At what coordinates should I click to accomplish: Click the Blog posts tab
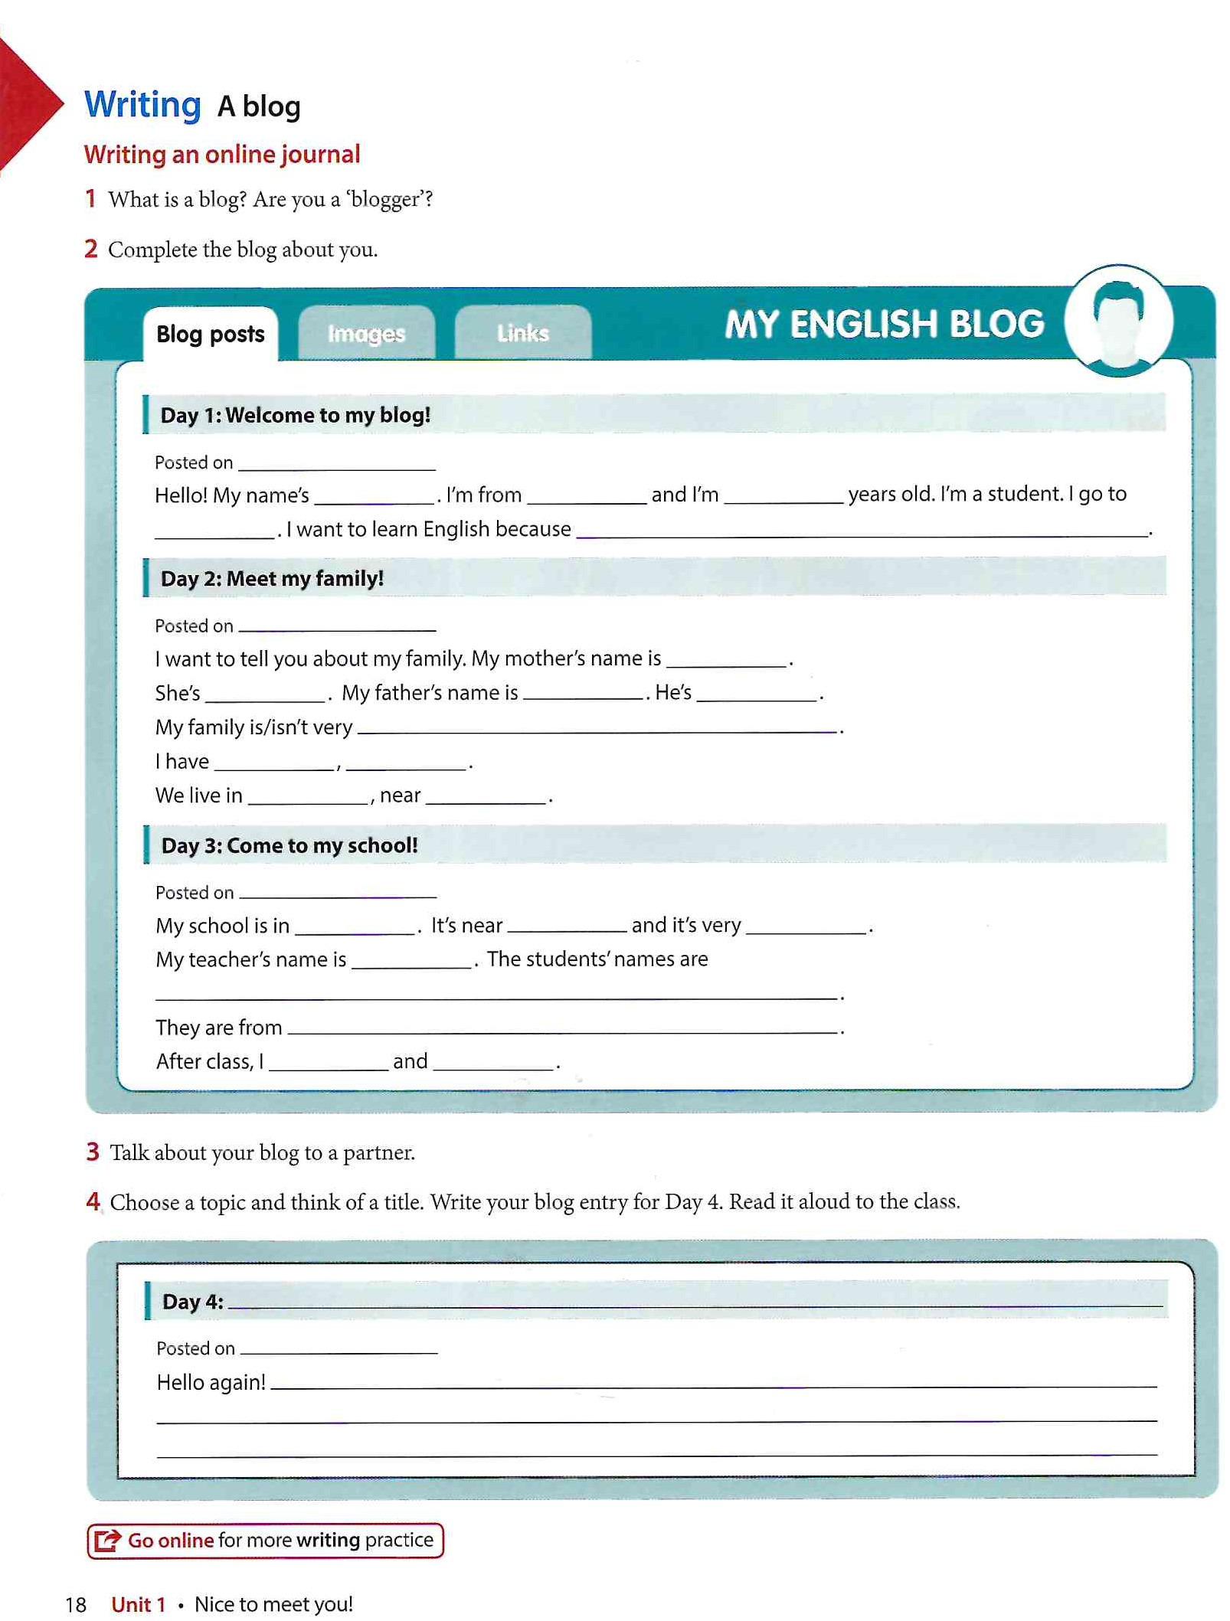tap(210, 334)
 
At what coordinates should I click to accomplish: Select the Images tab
tap(366, 334)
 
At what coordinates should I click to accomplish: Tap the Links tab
tap(522, 333)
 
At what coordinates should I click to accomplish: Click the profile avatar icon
tap(1118, 322)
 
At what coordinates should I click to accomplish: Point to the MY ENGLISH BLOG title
tap(884, 324)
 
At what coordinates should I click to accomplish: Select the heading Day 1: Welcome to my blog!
tap(295, 415)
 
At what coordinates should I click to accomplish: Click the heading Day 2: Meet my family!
tap(272, 578)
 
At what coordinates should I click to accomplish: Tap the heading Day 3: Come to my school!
tap(290, 845)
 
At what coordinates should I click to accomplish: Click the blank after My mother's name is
tap(726, 661)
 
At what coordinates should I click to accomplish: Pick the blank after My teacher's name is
tap(411, 962)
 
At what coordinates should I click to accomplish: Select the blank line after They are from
tap(563, 1029)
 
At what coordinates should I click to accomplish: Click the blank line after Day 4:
tap(694, 1303)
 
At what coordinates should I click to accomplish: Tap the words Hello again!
tap(211, 1382)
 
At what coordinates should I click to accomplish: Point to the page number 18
tap(76, 1604)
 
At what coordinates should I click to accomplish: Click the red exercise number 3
tap(93, 1152)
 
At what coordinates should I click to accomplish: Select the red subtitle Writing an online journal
tap(222, 155)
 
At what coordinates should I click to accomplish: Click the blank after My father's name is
tap(584, 694)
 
